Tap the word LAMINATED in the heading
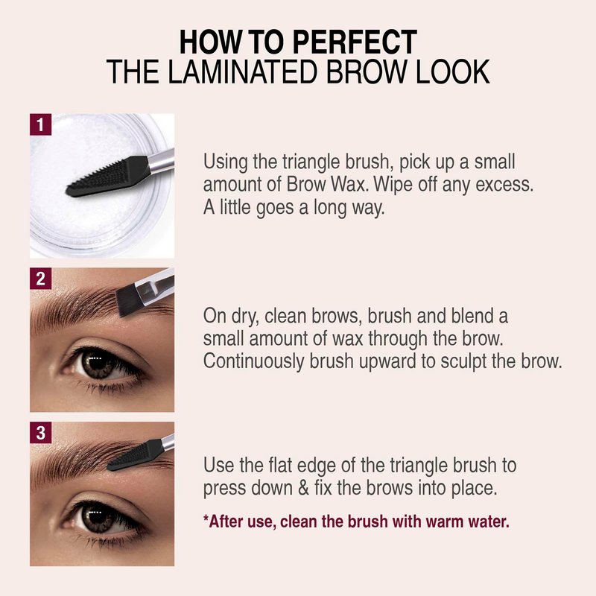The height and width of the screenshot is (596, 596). [x=241, y=72]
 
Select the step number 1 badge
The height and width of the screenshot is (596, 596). [x=40, y=124]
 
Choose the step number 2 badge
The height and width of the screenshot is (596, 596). [x=40, y=279]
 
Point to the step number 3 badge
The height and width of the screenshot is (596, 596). [x=40, y=433]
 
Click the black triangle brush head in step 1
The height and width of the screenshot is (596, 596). [x=108, y=177]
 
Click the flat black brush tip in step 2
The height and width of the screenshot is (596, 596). [x=127, y=300]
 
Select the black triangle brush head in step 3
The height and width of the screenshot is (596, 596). [x=136, y=455]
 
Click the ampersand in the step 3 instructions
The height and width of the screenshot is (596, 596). [x=303, y=488]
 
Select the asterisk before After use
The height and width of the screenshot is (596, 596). [x=206, y=517]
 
